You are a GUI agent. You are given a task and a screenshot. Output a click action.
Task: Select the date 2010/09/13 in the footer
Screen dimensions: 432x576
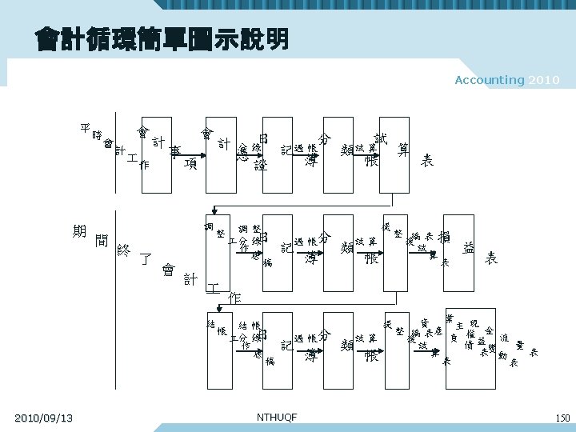pos(44,418)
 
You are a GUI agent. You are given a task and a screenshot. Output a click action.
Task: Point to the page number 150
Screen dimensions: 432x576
pos(562,418)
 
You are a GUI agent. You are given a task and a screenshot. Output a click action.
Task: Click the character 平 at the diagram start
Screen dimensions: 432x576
pos(86,127)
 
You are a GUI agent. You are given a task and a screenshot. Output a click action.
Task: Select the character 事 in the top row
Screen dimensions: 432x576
pos(174,150)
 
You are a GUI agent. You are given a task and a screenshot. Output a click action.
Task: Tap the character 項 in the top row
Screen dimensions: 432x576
pos(190,164)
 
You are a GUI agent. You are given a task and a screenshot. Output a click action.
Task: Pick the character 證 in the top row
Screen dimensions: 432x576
pos(260,166)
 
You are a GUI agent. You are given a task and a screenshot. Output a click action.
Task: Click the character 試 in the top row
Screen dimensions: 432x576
pos(382,138)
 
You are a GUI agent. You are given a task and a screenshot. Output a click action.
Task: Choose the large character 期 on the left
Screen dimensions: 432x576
pos(79,231)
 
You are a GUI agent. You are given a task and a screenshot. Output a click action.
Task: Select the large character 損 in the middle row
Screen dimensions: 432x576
pos(445,238)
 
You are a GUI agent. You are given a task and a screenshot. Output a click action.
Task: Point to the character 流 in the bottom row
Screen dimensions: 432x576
pos(504,338)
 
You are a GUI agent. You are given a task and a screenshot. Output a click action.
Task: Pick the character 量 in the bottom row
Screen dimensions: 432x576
pos(520,346)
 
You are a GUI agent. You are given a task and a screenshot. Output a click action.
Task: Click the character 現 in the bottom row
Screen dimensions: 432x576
pos(474,322)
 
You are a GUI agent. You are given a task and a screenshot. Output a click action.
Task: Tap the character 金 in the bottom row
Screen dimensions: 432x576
pos(489,330)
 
